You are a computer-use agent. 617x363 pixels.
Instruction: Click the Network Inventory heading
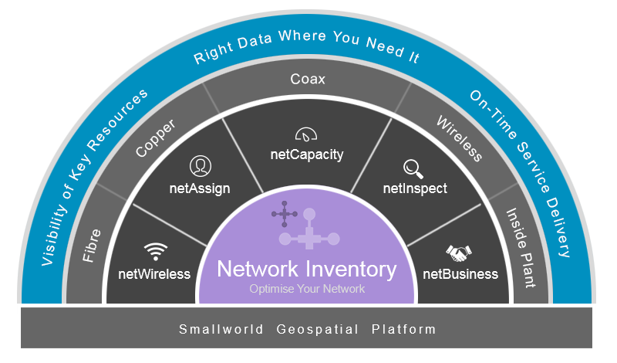pyautogui.click(x=307, y=270)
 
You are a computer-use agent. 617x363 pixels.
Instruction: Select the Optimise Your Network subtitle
pyautogui.click(x=307, y=290)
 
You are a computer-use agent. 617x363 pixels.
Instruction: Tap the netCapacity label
pyautogui.click(x=307, y=154)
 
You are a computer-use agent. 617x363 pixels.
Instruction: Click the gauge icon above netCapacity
pyautogui.click(x=306, y=133)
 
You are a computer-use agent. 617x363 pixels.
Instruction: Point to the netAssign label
pyautogui.click(x=200, y=188)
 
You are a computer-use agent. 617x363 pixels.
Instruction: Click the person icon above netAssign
pyautogui.click(x=200, y=165)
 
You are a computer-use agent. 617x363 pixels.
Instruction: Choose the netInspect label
pyautogui.click(x=415, y=188)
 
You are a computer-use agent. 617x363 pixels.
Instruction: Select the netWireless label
pyautogui.click(x=154, y=274)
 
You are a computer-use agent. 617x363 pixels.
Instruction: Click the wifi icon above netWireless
pyautogui.click(x=156, y=251)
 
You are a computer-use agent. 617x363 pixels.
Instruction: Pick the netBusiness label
pyautogui.click(x=460, y=274)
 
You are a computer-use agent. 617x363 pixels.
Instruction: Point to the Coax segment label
pyautogui.click(x=308, y=79)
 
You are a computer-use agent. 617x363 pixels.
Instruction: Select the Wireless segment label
pyautogui.click(x=460, y=138)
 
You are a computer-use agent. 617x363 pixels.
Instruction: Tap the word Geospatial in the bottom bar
pyautogui.click(x=317, y=330)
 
